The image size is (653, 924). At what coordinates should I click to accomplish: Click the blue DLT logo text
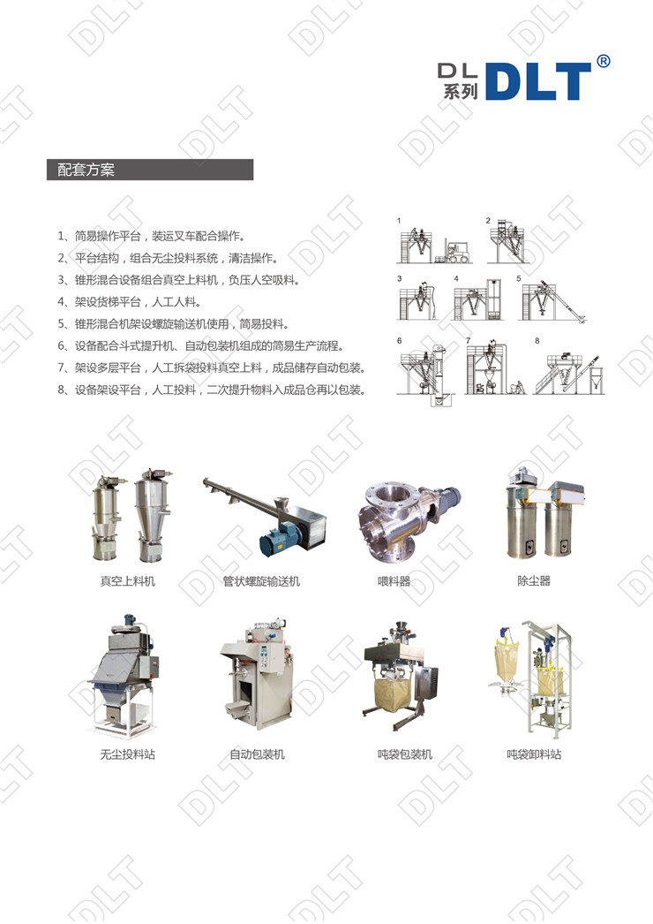538,81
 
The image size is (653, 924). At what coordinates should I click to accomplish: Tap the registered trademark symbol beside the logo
603,61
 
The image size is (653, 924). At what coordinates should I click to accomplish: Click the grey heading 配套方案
86,170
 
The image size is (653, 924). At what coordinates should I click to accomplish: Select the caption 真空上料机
128,581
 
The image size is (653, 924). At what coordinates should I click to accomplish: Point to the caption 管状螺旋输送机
261,581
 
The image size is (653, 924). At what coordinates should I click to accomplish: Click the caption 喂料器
394,581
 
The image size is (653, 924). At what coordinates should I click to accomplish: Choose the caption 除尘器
534,580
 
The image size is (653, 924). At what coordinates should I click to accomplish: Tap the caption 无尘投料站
128,754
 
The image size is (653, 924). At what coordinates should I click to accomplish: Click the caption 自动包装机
258,754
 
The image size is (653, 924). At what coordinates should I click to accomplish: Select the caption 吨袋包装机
405,754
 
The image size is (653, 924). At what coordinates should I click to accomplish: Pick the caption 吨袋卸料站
534,754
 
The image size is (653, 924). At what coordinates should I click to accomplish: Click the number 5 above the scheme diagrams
519,279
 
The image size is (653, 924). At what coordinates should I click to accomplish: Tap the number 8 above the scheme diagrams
537,341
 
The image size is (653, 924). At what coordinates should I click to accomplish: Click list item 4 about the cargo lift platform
129,302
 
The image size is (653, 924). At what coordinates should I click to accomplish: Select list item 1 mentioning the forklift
151,237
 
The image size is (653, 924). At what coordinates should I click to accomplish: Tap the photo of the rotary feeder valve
409,519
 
